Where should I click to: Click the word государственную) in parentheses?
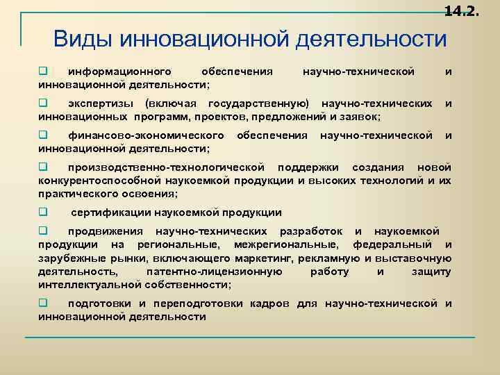coord(260,103)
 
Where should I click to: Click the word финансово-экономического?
coord(146,135)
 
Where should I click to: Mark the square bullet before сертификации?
coord(42,212)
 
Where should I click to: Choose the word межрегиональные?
coord(287,244)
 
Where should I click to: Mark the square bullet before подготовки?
coord(42,303)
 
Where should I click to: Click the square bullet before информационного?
coord(42,71)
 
